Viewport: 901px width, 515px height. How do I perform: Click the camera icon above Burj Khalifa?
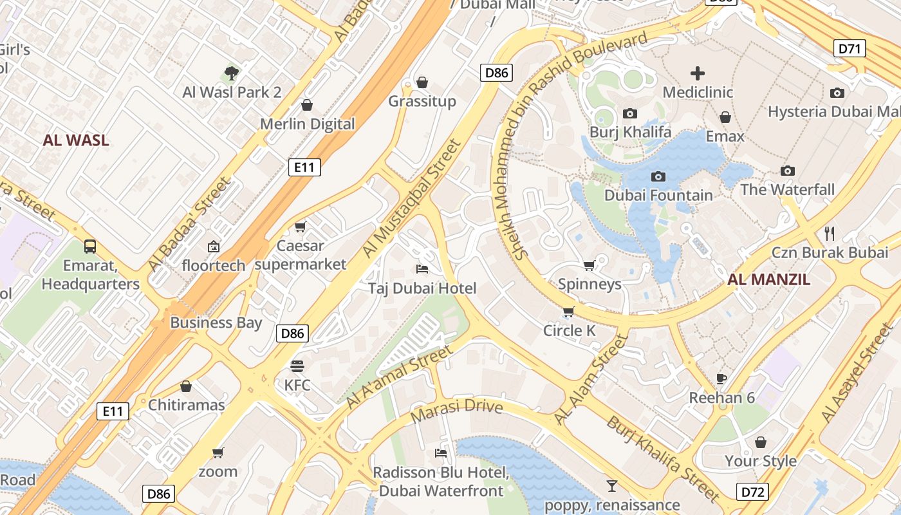point(630,114)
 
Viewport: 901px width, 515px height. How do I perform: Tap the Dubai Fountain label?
point(658,195)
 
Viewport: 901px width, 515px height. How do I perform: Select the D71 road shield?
point(850,48)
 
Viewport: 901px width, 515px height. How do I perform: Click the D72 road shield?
point(753,492)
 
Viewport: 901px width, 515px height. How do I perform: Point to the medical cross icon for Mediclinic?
point(698,73)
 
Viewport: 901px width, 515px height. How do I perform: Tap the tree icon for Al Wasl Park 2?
point(232,73)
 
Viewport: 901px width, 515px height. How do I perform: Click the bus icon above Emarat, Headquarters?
point(90,246)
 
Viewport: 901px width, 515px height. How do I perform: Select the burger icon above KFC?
point(297,366)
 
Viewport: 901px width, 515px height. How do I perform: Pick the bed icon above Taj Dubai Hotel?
point(422,268)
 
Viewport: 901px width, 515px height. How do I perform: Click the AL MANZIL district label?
point(768,280)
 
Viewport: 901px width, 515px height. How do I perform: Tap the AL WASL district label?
point(76,140)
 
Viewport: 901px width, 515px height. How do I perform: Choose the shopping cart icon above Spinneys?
point(590,265)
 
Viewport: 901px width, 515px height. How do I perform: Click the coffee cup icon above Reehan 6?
point(721,379)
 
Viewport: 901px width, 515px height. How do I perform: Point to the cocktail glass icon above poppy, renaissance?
point(611,485)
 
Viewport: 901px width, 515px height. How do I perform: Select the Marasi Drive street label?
point(456,411)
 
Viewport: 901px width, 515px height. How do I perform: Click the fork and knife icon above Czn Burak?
point(830,233)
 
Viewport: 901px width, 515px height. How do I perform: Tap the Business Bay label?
point(216,323)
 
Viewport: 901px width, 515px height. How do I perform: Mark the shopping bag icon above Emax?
point(725,117)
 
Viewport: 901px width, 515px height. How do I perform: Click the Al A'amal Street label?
point(399,377)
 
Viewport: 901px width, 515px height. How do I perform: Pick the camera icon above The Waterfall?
point(788,171)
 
